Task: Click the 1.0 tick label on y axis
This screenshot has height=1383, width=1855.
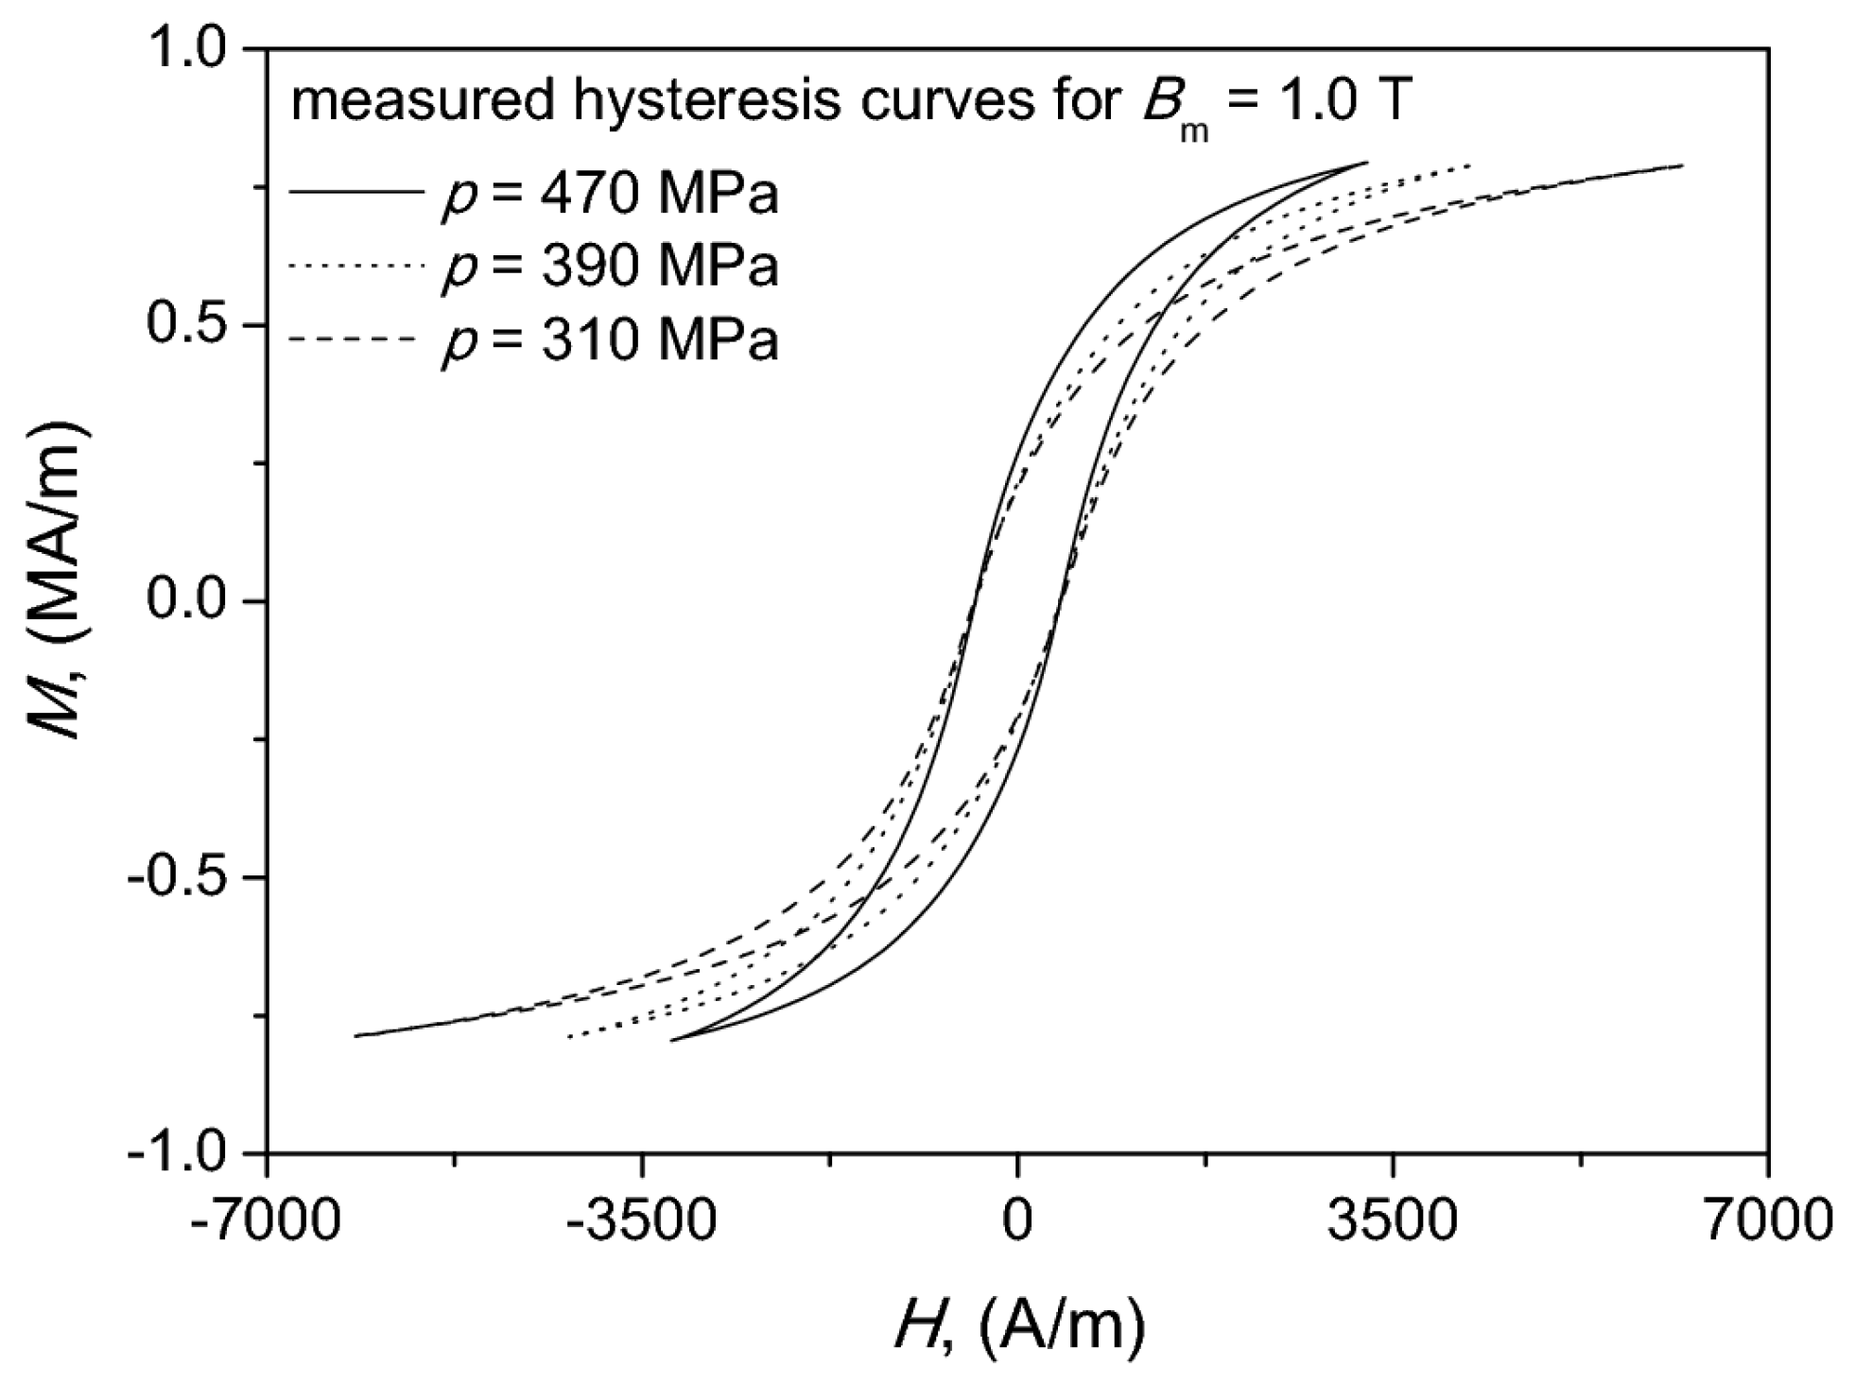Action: point(193,48)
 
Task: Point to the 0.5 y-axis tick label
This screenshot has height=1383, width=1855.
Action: point(193,325)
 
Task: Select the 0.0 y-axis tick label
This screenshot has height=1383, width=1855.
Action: point(193,601)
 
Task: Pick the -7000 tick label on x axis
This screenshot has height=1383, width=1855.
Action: point(267,1219)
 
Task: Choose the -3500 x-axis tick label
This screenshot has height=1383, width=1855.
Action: point(642,1219)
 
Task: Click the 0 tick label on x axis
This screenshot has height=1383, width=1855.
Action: point(1017,1219)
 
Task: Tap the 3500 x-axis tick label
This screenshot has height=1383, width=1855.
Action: point(1393,1219)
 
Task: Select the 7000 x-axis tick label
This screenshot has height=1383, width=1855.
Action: point(1767,1219)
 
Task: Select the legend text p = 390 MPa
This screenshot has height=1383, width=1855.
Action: point(610,268)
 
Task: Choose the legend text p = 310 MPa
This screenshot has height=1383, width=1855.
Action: point(610,341)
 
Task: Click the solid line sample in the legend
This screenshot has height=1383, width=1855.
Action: point(355,193)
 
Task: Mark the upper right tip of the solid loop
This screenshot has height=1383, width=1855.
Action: point(1366,162)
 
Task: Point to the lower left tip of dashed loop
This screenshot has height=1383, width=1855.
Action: point(356,1036)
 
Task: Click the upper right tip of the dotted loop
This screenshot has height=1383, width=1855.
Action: point(1471,165)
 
